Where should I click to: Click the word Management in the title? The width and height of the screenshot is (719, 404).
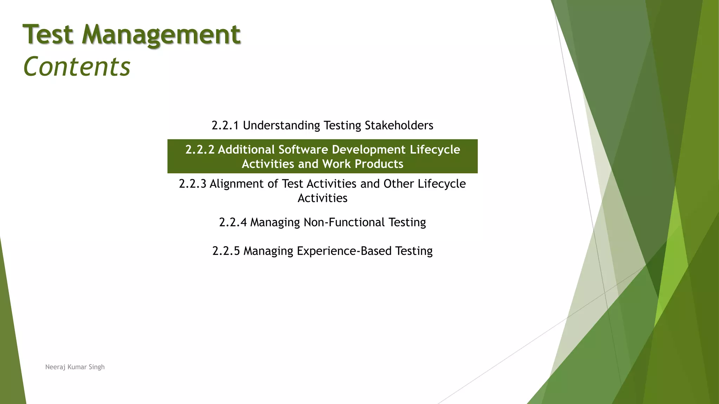[161, 35]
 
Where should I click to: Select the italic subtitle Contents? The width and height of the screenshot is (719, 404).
[77, 67]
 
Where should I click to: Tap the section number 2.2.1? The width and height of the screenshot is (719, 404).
[225, 125]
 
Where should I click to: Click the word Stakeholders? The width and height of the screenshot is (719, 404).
[399, 125]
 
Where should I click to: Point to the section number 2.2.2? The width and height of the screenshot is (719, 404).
[199, 149]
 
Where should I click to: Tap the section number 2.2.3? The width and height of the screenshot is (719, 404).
[192, 183]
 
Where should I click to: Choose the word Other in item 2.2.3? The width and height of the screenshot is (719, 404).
[398, 183]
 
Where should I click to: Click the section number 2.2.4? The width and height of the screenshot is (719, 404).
[233, 222]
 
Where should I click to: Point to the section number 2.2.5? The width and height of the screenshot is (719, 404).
[226, 251]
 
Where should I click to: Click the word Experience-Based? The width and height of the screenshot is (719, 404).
[344, 251]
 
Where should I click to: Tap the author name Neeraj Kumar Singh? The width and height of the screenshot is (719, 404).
[75, 367]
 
